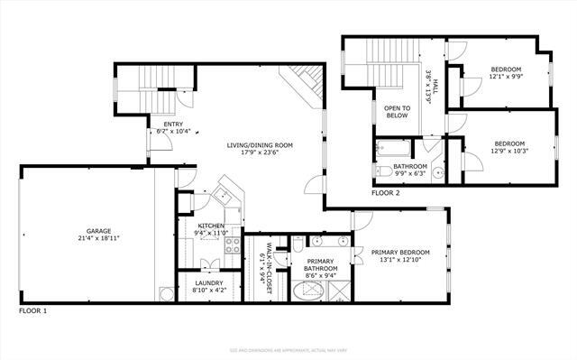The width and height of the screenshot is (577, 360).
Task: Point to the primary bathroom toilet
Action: tap(298, 245)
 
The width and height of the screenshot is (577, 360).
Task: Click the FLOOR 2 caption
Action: tap(386, 192)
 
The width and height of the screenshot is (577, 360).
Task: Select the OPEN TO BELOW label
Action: tap(398, 112)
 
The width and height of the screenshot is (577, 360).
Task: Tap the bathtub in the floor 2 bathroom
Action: tap(395, 147)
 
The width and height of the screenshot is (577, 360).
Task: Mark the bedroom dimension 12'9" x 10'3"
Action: tap(511, 150)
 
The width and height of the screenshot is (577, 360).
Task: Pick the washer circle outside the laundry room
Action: tap(166, 292)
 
